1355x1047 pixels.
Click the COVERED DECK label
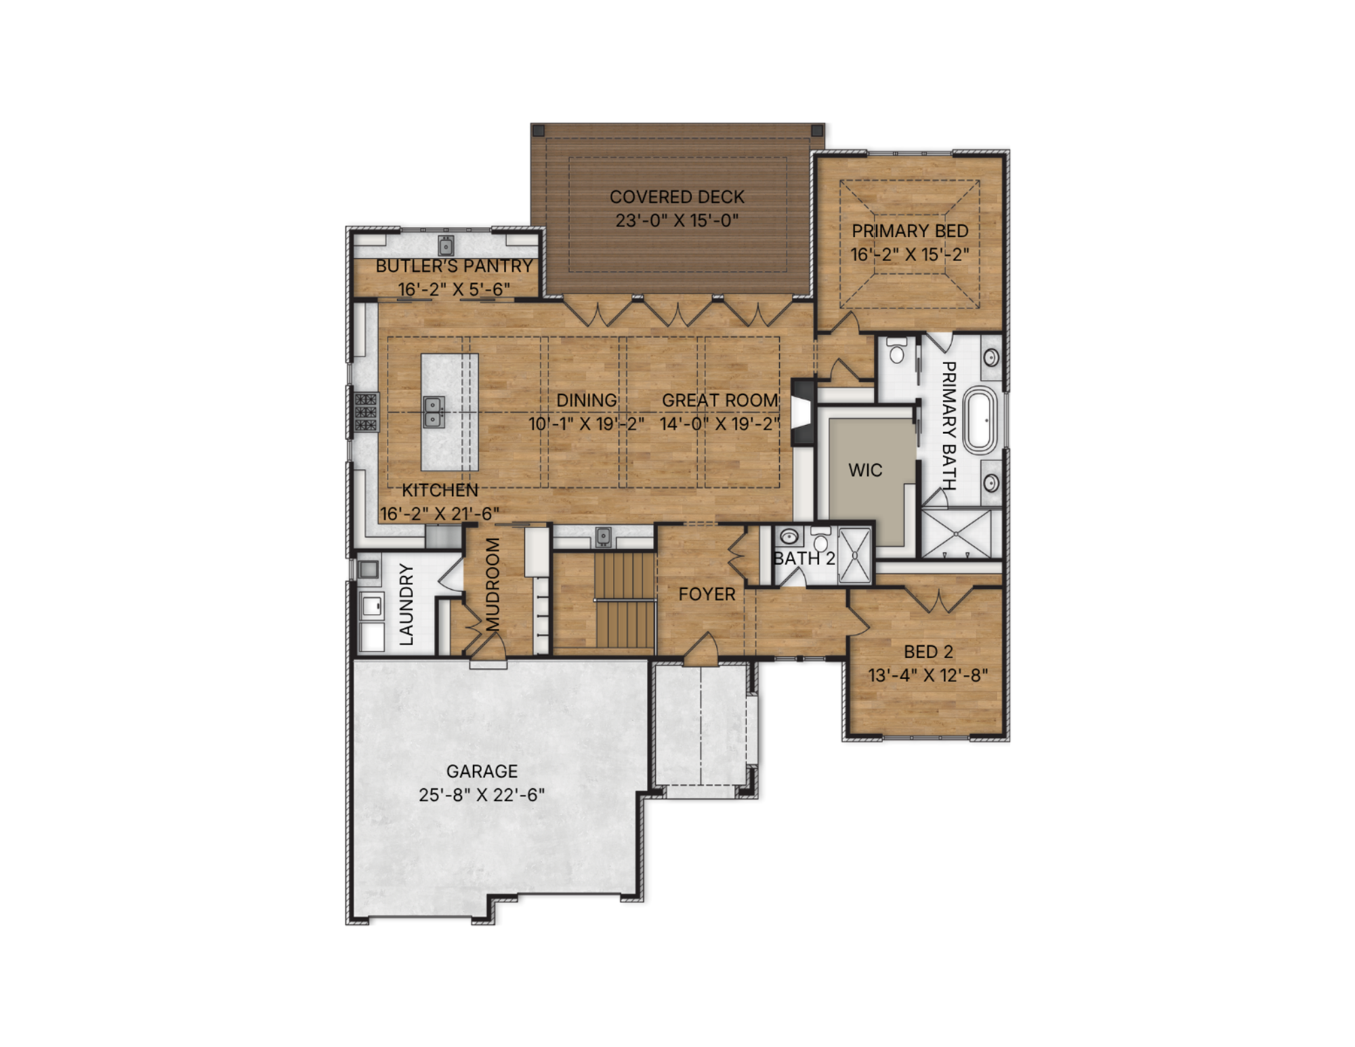[677, 197]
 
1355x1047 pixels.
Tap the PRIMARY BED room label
[910, 231]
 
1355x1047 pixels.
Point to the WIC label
[865, 470]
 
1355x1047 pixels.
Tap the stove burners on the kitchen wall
[367, 412]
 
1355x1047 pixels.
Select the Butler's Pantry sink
[446, 245]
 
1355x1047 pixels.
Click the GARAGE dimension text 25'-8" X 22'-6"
[482, 795]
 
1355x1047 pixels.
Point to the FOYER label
[707, 594]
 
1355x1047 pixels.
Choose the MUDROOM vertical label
[493, 584]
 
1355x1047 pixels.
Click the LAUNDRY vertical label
[406, 604]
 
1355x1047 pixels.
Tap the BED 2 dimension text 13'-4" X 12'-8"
[928, 676]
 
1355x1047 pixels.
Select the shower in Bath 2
[855, 555]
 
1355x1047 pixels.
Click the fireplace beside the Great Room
[804, 411]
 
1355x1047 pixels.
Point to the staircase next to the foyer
[625, 600]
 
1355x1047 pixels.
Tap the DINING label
[587, 401]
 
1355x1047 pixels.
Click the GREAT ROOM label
[720, 401]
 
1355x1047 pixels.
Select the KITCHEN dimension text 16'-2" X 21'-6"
[440, 514]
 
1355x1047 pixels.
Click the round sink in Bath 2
[789, 537]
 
